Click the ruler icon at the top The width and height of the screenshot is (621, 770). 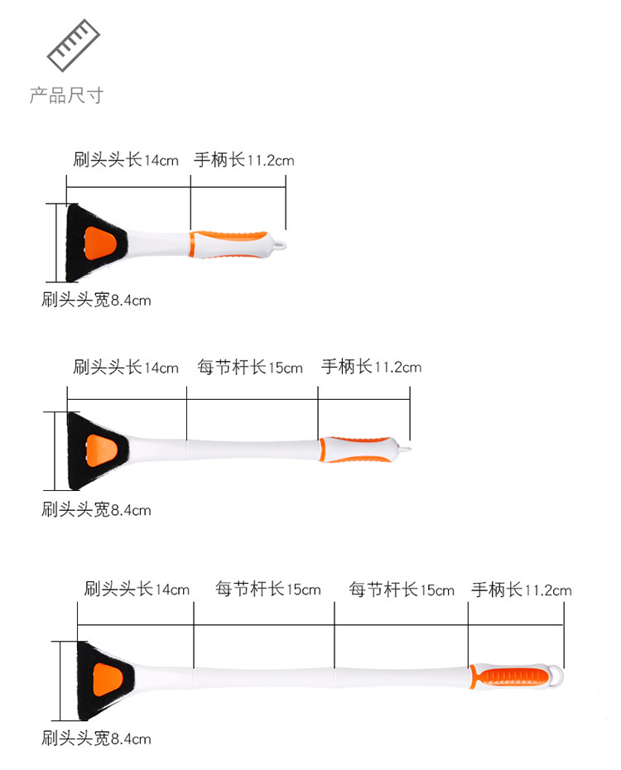(73, 46)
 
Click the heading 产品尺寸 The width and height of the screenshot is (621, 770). (66, 96)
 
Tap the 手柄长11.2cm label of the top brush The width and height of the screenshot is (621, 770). (244, 160)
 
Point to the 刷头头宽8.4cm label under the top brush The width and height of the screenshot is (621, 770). (96, 300)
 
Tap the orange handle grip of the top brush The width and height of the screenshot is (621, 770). (229, 243)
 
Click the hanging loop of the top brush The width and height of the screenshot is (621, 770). (281, 245)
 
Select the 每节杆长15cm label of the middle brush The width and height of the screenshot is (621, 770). (251, 367)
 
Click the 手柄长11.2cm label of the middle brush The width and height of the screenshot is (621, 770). (372, 367)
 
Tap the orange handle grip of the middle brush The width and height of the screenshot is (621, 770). (357, 448)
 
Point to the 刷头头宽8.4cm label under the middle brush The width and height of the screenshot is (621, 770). (96, 509)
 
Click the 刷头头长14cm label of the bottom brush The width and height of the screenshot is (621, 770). (137, 590)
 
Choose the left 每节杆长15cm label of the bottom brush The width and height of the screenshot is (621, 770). (268, 590)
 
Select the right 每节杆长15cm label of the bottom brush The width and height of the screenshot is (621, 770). (402, 590)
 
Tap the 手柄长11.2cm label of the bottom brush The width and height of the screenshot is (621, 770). (522, 590)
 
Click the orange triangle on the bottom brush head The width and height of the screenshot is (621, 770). (109, 678)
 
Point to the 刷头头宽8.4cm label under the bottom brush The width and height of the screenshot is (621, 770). (96, 738)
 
